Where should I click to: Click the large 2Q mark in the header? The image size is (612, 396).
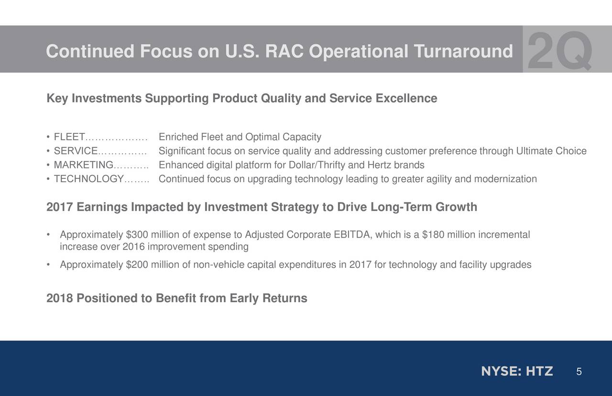(x=559, y=51)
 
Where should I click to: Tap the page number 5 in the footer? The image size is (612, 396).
(x=579, y=372)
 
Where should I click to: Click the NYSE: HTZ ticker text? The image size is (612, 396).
(x=517, y=372)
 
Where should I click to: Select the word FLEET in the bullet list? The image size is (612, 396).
(x=69, y=137)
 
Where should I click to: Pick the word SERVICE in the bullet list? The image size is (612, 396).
(x=76, y=151)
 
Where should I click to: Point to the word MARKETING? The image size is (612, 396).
(x=83, y=165)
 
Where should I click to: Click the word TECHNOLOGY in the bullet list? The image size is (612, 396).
(x=89, y=179)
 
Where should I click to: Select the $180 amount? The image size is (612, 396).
(x=433, y=234)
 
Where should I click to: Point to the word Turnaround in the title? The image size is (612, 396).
(x=463, y=51)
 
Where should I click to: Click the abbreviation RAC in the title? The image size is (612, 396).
(x=284, y=51)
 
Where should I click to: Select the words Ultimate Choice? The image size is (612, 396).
(x=551, y=151)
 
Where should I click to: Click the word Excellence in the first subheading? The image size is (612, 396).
(x=406, y=98)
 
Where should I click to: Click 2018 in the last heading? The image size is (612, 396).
(x=60, y=298)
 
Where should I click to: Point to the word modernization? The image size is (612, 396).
(x=505, y=179)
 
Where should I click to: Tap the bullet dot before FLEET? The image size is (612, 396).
(x=48, y=137)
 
